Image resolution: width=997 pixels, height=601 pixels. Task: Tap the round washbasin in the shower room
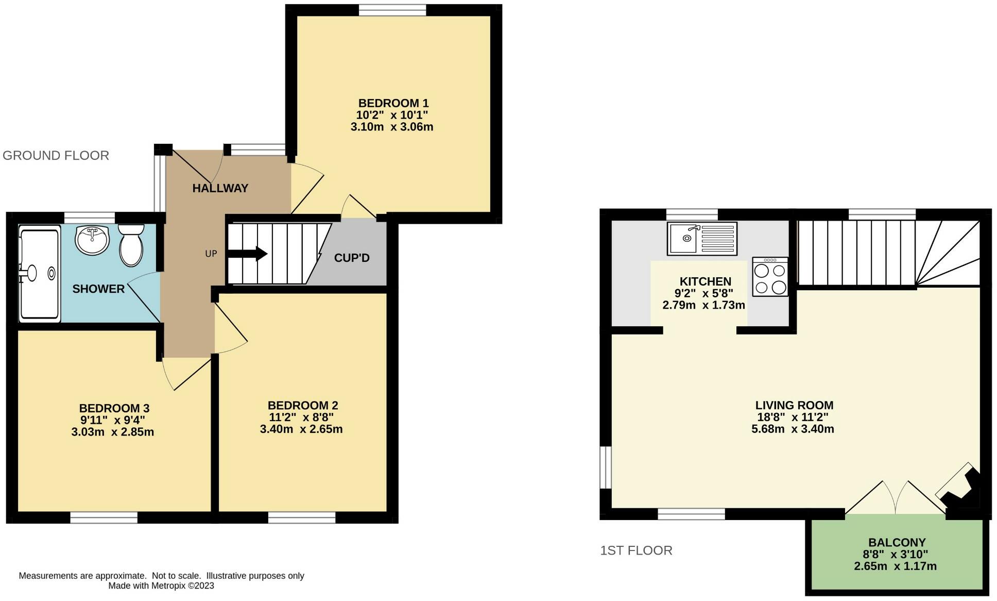92,240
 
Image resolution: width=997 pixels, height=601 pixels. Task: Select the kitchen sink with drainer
702,239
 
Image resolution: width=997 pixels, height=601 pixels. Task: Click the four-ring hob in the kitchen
770,277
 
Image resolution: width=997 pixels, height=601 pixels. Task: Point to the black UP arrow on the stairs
247,254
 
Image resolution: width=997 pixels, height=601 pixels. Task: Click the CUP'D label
352,258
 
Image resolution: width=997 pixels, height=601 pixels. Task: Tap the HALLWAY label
220,189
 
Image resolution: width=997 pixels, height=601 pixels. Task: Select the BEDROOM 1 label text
393,103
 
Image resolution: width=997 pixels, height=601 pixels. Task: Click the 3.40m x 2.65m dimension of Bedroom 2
301,429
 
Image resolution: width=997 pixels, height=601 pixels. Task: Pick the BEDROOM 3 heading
114,409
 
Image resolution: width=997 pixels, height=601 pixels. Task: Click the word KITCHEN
705,281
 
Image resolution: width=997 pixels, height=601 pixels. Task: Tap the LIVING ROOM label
794,406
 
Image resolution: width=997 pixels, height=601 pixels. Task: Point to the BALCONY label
897,542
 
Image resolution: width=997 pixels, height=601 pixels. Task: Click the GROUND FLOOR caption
56,156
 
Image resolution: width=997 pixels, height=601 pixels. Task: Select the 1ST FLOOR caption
636,550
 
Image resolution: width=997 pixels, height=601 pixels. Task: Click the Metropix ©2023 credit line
161,586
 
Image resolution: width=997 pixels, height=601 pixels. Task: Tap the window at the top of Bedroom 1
392,10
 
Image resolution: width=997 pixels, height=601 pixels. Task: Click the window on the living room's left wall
606,467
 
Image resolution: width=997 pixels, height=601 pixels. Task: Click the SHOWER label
98,289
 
